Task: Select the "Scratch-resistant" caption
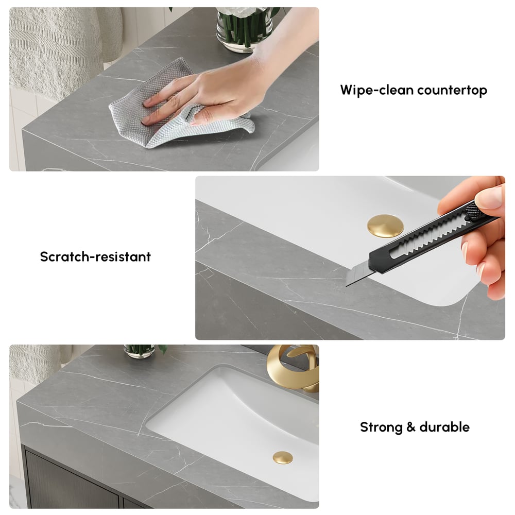point(95,256)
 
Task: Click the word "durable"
point(444,427)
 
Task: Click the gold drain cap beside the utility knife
point(384,226)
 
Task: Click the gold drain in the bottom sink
point(283,457)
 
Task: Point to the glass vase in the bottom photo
point(140,351)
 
